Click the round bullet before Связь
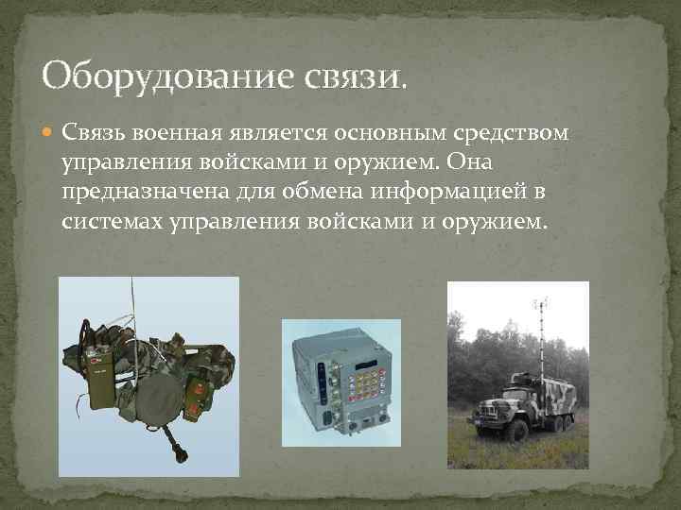pyautogui.click(x=48, y=132)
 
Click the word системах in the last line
pyautogui.click(x=106, y=225)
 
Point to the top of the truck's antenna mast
pyautogui.click(x=542, y=302)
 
